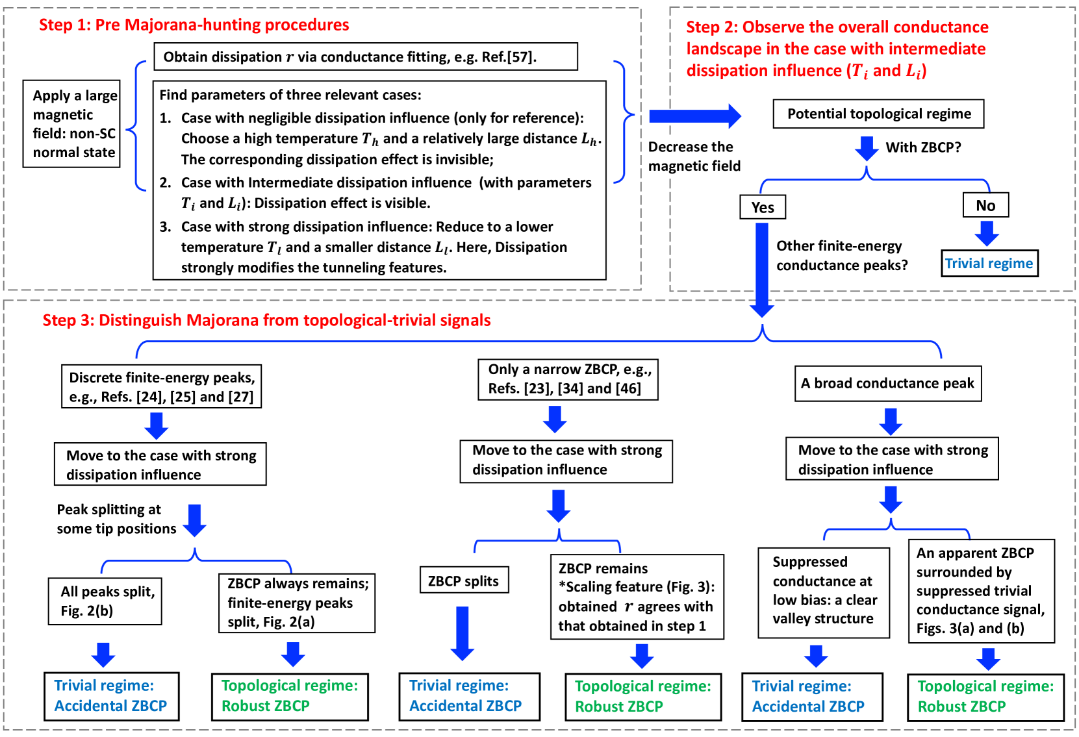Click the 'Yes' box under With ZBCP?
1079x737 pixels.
click(x=762, y=207)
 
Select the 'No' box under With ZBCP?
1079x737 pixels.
click(x=985, y=205)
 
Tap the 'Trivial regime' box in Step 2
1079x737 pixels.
click(x=989, y=264)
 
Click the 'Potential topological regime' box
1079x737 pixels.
click(x=878, y=114)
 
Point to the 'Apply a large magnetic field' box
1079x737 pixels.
click(x=72, y=124)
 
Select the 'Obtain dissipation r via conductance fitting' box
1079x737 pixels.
click(x=365, y=57)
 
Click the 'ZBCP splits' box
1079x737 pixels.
click(x=463, y=581)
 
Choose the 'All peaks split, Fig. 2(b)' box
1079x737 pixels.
click(x=105, y=601)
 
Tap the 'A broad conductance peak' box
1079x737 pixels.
click(x=887, y=383)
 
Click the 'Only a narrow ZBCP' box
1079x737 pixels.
click(x=568, y=379)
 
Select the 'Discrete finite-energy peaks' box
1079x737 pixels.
click(x=161, y=387)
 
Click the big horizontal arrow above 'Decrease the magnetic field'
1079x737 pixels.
click(x=694, y=116)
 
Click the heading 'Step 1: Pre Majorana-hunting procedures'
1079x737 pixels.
click(x=194, y=25)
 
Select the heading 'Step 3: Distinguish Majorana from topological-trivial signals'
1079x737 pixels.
click(x=266, y=320)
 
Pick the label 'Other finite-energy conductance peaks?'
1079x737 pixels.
click(x=841, y=255)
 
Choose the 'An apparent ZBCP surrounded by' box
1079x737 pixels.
click(x=981, y=591)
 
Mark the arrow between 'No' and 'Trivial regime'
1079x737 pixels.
click(x=986, y=233)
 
